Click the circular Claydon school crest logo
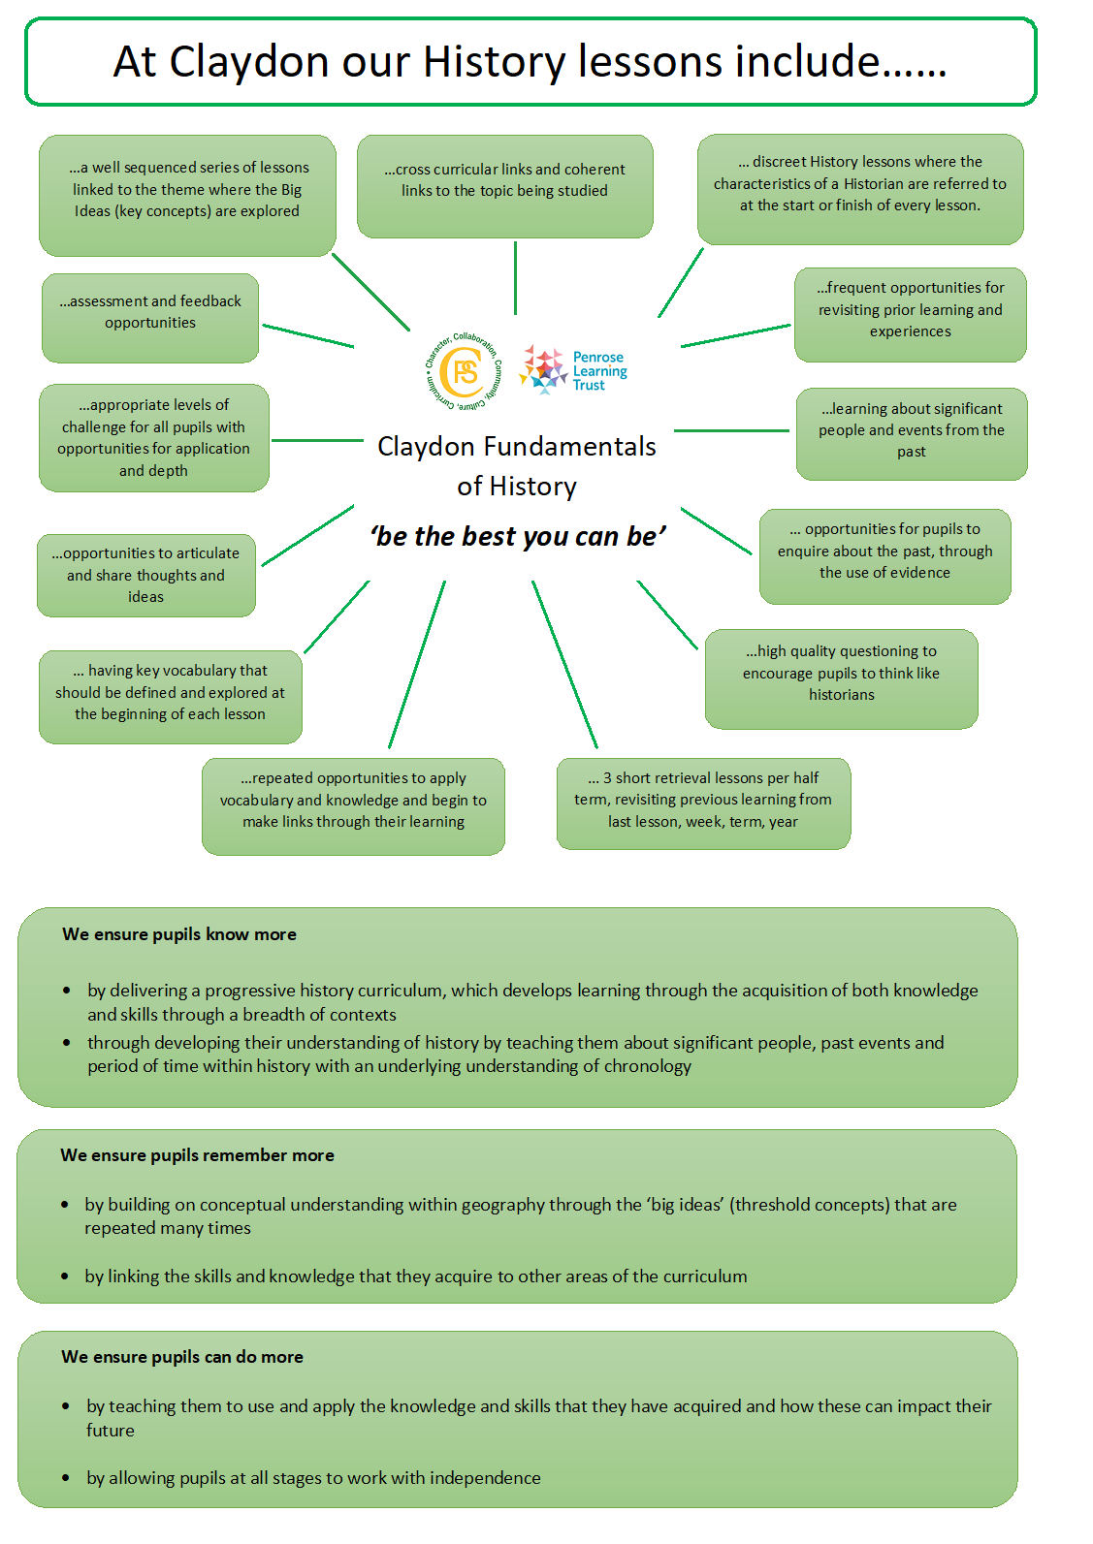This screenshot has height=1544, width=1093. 464,371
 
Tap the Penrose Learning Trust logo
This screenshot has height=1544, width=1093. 572,370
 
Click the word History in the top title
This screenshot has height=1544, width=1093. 494,62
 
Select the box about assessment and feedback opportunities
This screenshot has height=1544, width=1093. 150,318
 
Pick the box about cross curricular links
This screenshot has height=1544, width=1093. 504,186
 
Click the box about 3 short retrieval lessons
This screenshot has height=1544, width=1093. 703,804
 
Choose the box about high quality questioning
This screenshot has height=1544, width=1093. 841,678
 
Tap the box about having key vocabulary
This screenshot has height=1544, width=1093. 171,697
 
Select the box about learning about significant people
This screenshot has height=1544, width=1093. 912,433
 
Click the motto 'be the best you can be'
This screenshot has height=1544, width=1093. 518,536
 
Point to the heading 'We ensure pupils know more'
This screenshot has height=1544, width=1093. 179,934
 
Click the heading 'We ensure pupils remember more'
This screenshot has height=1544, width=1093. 197,1155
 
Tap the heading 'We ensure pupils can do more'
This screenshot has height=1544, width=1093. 182,1357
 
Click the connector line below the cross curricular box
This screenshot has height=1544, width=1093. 515,278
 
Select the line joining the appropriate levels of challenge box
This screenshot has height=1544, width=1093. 317,440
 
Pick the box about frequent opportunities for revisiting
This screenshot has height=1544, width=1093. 911,315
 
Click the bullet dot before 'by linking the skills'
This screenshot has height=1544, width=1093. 65,1276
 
